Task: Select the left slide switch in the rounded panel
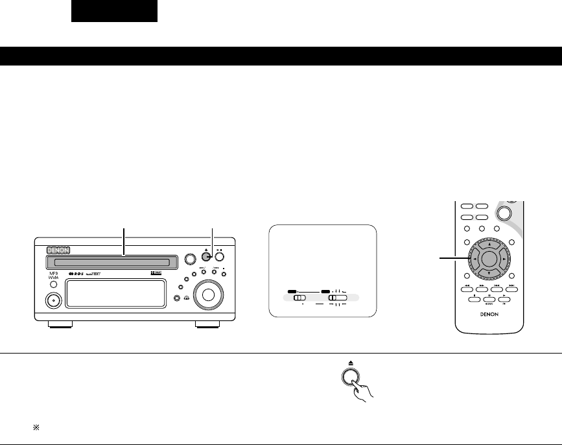coord(299,298)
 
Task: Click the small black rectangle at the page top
coord(114,11)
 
